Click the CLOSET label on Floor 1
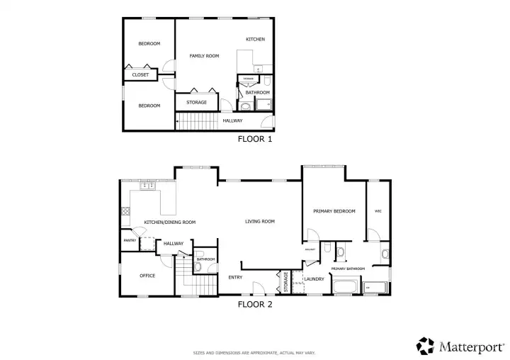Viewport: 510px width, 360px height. tap(140, 74)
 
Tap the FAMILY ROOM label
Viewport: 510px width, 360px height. tap(203, 55)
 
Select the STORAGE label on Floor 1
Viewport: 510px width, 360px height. tap(196, 103)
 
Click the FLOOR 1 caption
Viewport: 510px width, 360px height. tap(255, 140)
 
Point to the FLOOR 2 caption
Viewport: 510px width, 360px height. tap(255, 305)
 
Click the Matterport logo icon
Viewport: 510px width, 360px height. tap(425, 346)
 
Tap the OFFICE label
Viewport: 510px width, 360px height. tap(147, 276)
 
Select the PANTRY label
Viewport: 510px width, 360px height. tap(130, 240)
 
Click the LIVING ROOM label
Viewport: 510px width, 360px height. tap(259, 222)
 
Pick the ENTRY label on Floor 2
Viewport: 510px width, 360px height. tap(235, 277)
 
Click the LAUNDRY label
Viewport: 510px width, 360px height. tap(314, 279)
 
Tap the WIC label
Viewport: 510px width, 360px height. tap(378, 211)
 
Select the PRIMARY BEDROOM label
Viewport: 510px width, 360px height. tap(334, 211)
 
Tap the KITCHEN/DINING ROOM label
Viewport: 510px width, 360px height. tap(169, 222)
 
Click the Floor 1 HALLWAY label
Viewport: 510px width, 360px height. tap(232, 120)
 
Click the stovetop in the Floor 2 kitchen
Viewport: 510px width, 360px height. tap(125, 210)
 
